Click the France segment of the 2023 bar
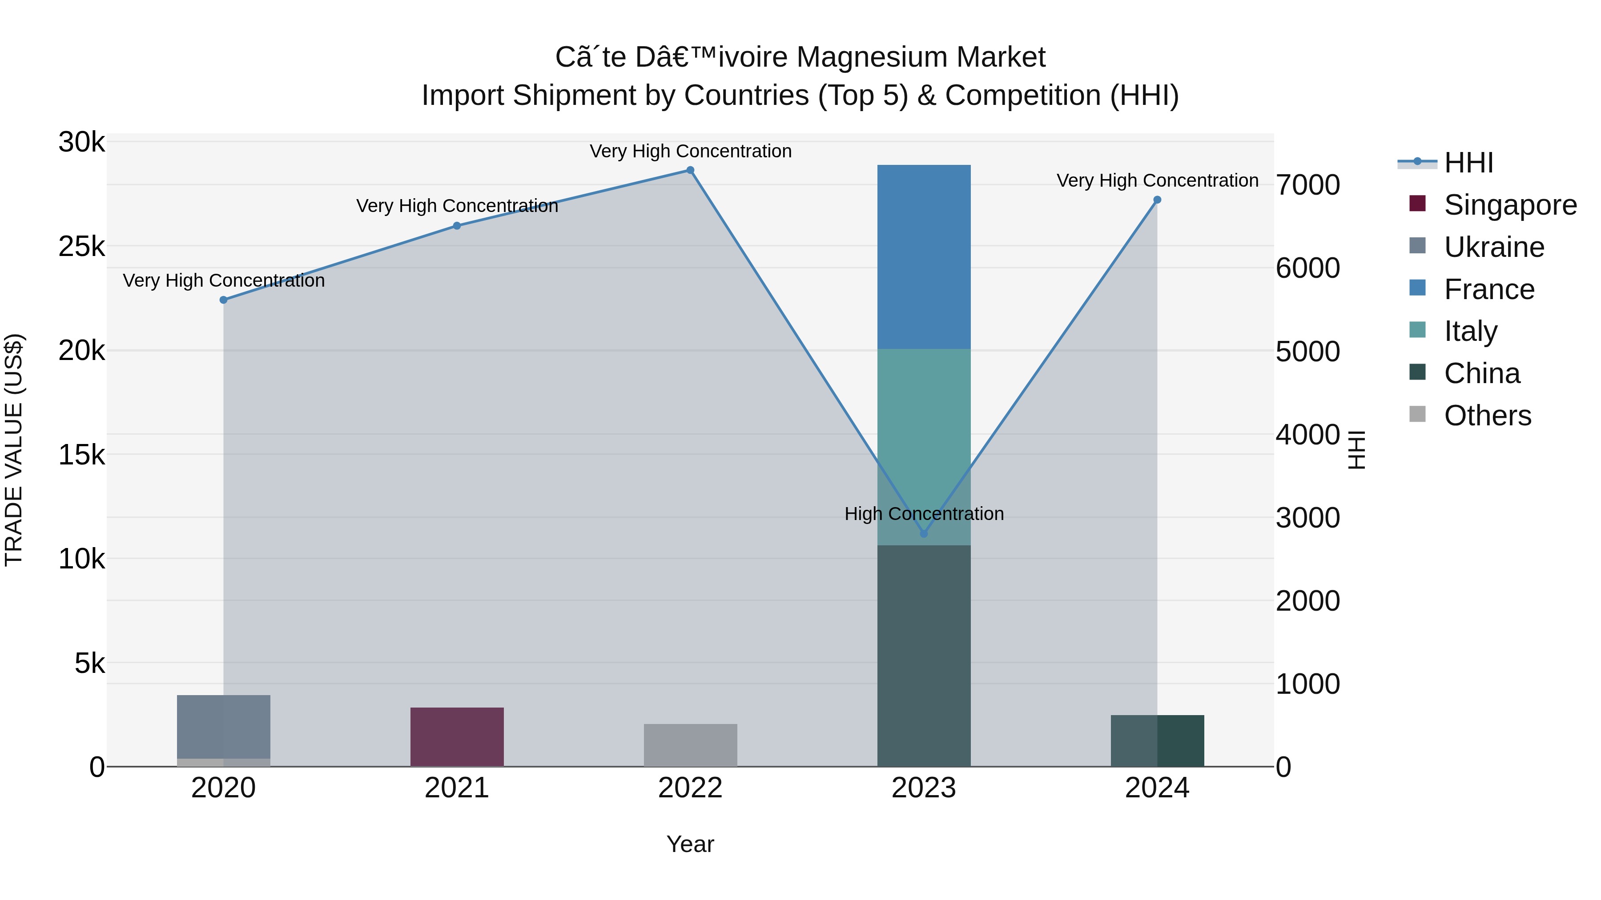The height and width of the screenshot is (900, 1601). pyautogui.click(x=924, y=256)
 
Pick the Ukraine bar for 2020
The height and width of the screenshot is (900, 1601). pyautogui.click(x=223, y=726)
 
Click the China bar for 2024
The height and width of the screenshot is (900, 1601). pyautogui.click(x=1157, y=740)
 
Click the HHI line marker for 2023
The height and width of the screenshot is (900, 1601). pyautogui.click(x=924, y=533)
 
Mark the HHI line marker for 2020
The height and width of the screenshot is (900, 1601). pyautogui.click(x=223, y=300)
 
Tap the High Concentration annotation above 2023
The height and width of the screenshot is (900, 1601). pyautogui.click(x=924, y=514)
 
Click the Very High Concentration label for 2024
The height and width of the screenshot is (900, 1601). pyautogui.click(x=1157, y=181)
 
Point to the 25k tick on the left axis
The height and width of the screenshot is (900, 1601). pyautogui.click(x=81, y=247)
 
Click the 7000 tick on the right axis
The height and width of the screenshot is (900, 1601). pyautogui.click(x=1307, y=185)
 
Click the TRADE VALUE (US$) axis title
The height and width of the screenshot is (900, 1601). pyautogui.click(x=14, y=450)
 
